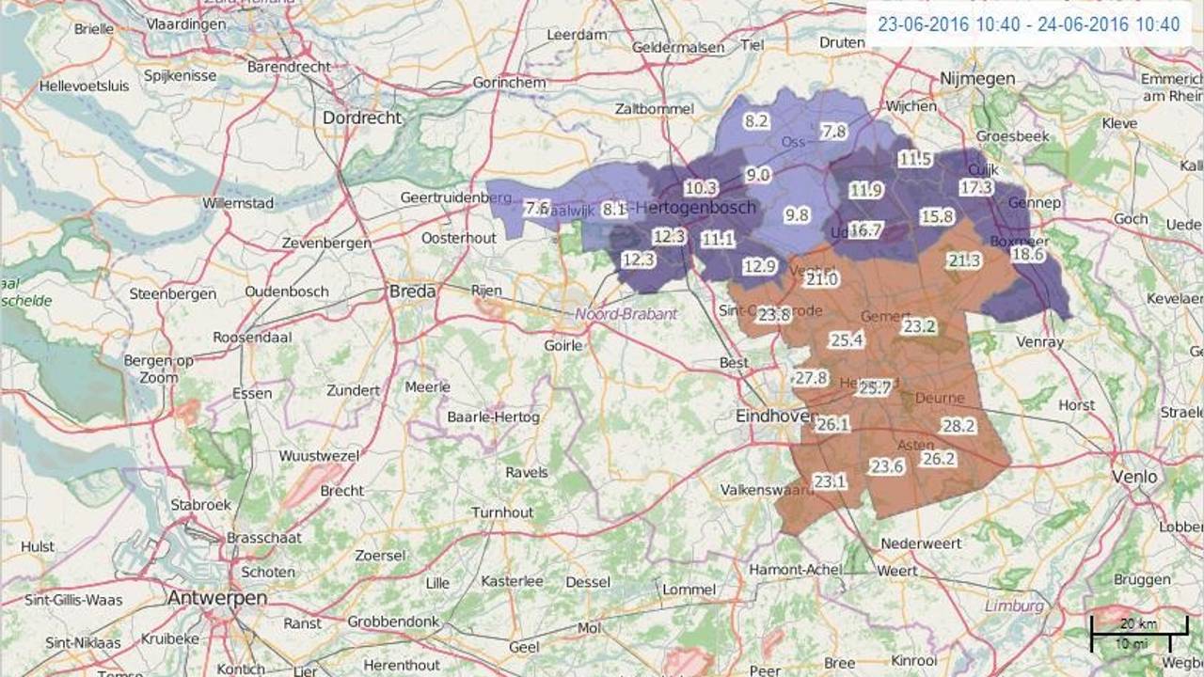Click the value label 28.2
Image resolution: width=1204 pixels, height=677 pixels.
pos(958,426)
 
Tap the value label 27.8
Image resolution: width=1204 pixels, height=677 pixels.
pos(810,378)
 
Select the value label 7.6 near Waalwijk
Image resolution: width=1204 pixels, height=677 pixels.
pos(536,209)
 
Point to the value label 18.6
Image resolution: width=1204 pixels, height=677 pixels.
pos(1028,254)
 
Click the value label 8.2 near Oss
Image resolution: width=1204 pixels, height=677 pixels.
pos(756,120)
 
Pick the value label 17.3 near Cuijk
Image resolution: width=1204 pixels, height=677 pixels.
pos(975,187)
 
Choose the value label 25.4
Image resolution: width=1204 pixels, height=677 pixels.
pos(847,339)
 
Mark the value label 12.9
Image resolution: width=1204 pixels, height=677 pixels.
pos(759,266)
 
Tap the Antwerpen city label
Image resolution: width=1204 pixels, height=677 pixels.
pos(217,598)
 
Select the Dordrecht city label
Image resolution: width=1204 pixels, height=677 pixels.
pos(362,118)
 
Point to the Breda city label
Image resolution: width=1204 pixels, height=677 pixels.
pos(412,291)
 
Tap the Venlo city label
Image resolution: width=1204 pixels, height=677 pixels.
pos(1134,477)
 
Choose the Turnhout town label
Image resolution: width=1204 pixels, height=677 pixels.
pos(502,512)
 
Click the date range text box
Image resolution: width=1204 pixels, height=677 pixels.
pos(1028,24)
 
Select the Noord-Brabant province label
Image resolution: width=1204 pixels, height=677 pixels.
pos(626,314)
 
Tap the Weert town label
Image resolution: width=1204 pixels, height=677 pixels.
pos(896,571)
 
